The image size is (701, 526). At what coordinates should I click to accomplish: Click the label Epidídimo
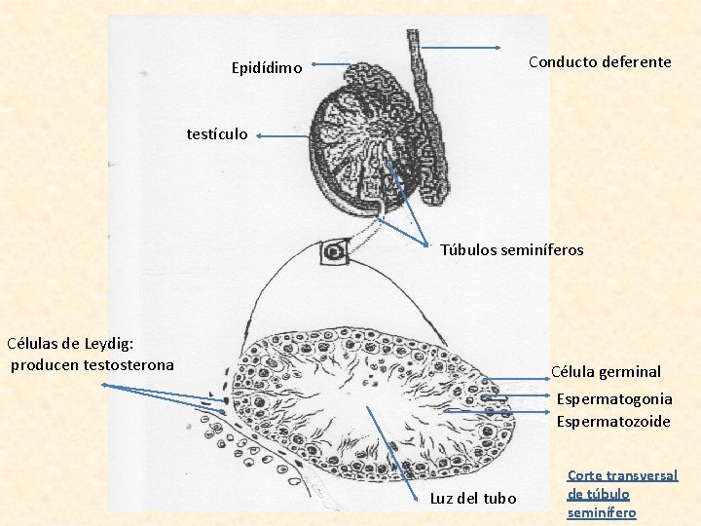tap(267, 68)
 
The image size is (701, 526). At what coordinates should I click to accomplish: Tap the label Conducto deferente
tap(600, 61)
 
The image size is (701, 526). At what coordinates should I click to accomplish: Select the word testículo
tap(217, 133)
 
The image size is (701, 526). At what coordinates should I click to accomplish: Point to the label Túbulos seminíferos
tap(512, 250)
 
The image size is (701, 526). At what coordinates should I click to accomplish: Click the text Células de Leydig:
tap(70, 343)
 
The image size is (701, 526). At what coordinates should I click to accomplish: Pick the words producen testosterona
tap(92, 365)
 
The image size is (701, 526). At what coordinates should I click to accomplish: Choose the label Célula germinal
tap(606, 371)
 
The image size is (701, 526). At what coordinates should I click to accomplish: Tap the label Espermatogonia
tap(614, 398)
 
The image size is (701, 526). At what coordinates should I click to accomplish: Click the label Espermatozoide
tap(613, 421)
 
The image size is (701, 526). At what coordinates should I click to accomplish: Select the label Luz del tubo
tap(473, 498)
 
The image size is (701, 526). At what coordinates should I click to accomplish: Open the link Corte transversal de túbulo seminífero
tap(622, 494)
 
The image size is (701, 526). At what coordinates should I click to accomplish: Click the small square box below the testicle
tap(334, 251)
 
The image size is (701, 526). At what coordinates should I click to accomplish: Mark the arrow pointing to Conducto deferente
tap(461, 48)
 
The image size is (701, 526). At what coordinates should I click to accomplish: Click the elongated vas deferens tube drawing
tap(427, 107)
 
